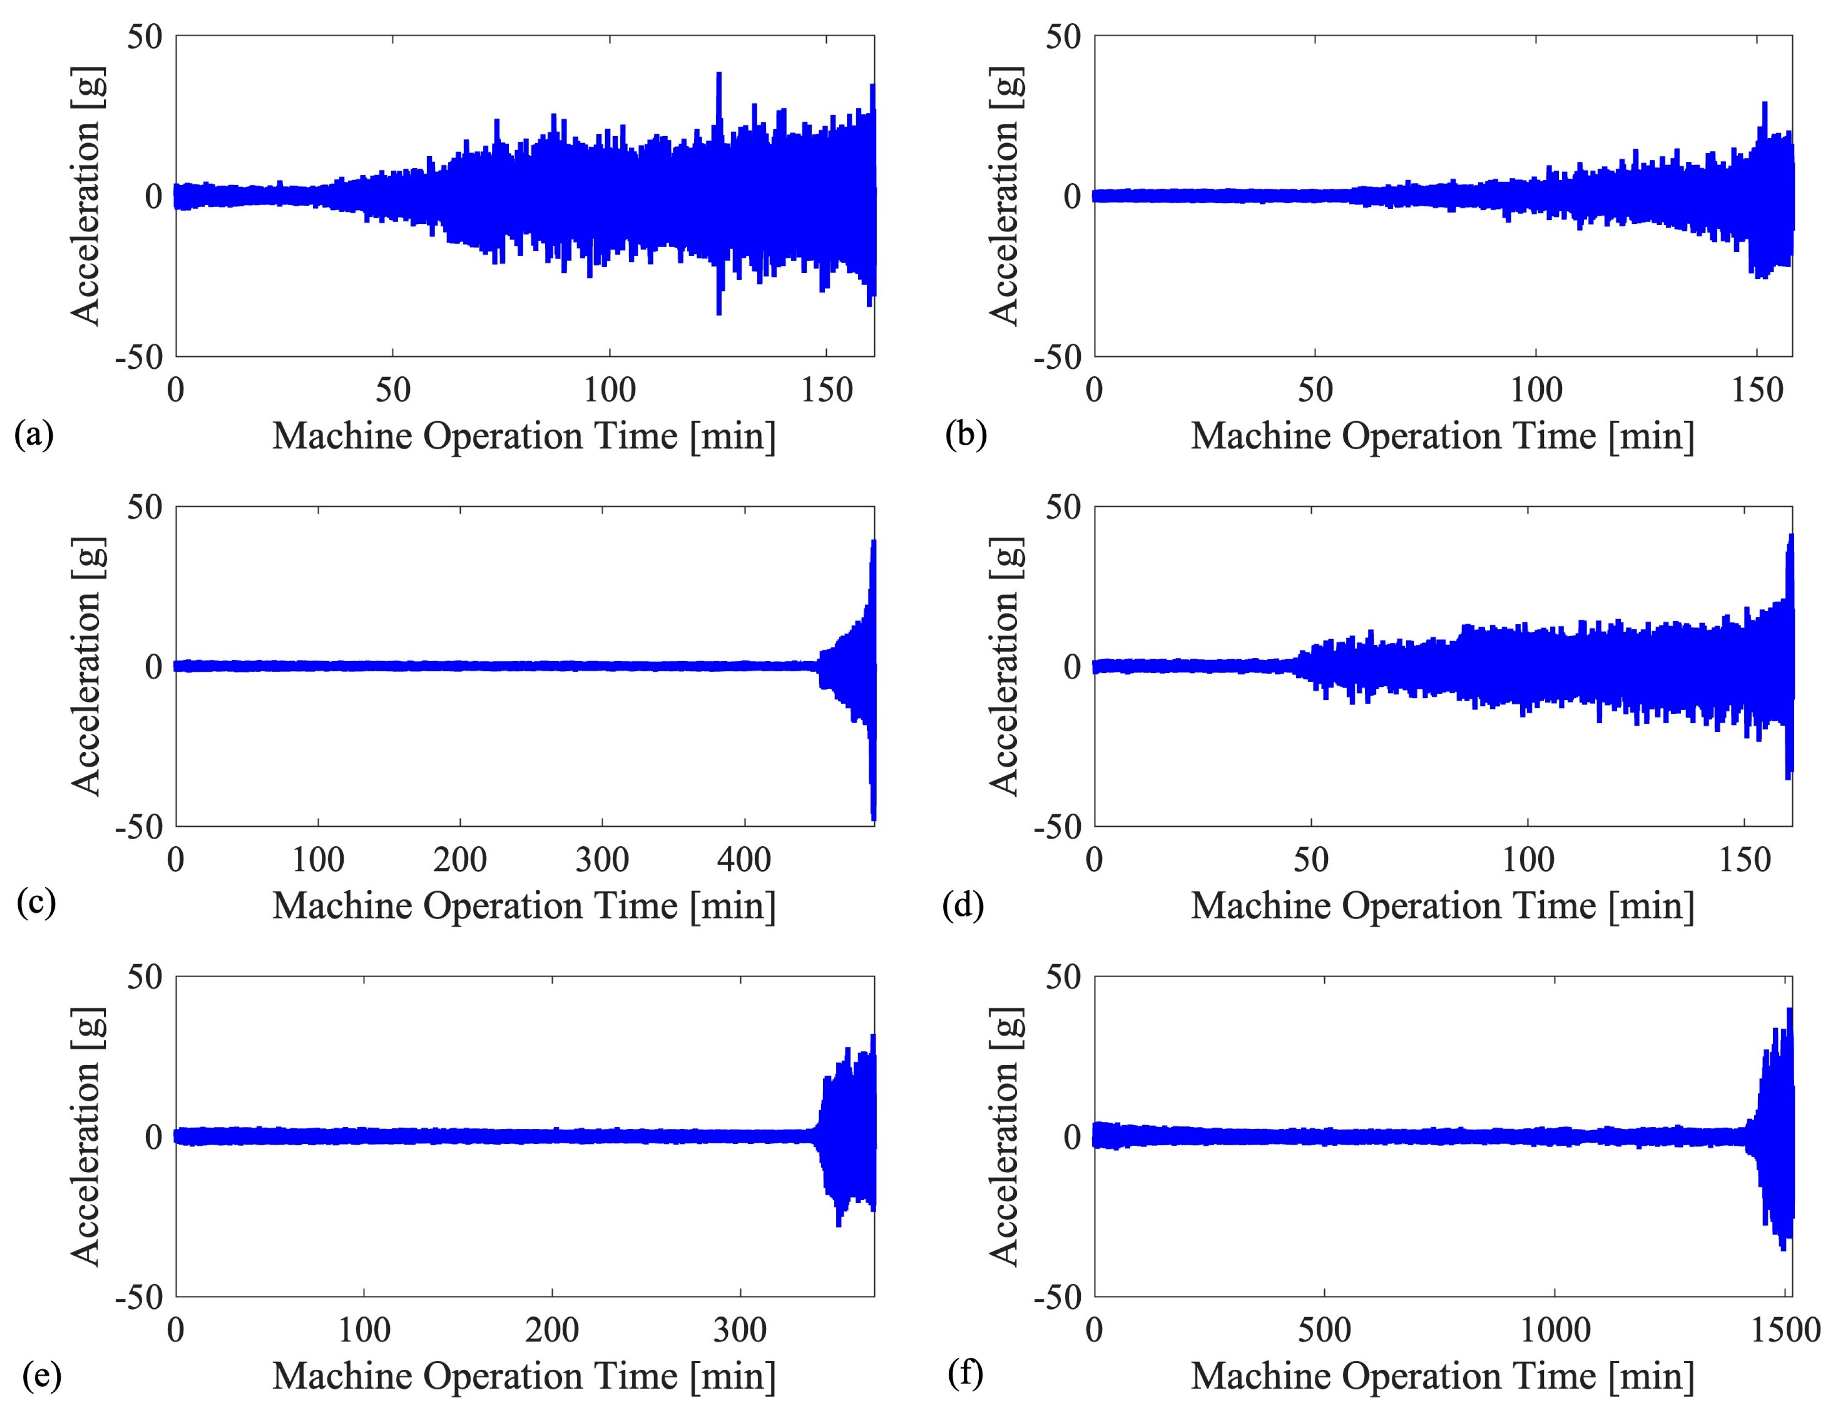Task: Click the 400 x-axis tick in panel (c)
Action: [x=744, y=860]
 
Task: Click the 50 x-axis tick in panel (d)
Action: [x=1311, y=860]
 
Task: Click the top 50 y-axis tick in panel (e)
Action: [x=145, y=977]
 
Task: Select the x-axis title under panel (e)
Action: [x=524, y=1376]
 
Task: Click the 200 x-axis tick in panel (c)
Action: [x=460, y=860]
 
